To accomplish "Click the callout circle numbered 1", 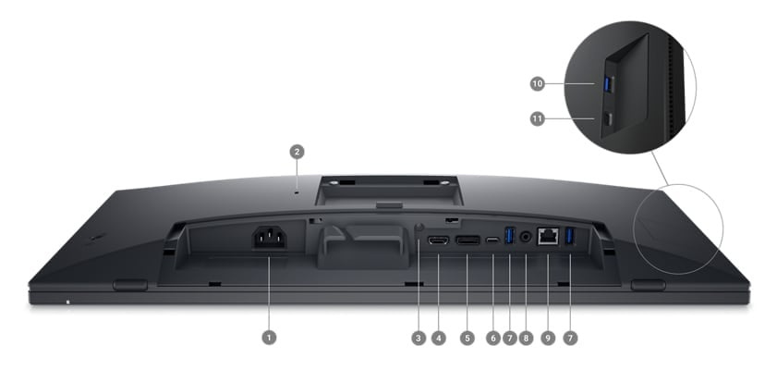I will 269,339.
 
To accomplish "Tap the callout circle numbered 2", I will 297,151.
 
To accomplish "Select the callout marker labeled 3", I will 419,339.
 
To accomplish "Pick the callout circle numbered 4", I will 439,339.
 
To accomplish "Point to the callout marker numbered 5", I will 467,339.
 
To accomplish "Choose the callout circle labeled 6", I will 493,339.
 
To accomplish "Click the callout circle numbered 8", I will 527,339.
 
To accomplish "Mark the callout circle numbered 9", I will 548,339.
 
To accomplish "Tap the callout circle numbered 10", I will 538,83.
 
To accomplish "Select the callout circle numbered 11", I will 538,118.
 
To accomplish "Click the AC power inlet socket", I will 270,238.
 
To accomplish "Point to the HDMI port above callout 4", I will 439,240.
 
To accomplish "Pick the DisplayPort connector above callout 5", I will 467,240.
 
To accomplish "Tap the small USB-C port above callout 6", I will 493,240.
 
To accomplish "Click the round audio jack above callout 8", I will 527,237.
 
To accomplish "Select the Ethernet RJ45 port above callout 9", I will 548,236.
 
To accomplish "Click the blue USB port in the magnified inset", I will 607,84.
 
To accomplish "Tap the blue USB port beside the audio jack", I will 509,237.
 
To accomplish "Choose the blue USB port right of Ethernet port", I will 569,237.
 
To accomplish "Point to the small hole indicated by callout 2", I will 297,192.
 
